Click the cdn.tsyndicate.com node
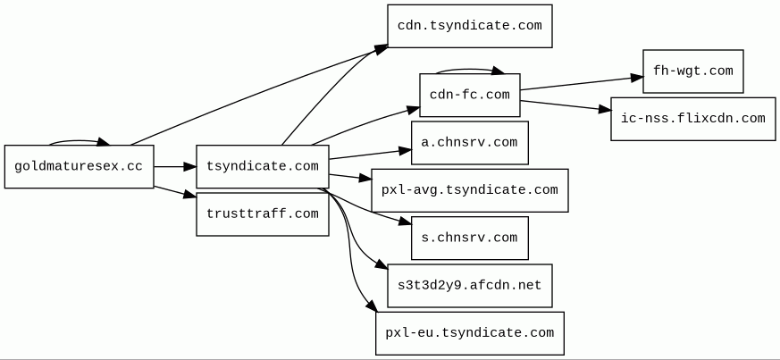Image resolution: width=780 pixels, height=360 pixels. [x=470, y=26]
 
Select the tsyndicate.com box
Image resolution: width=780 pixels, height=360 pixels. [x=262, y=166]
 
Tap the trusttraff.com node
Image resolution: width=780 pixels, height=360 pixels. [x=262, y=213]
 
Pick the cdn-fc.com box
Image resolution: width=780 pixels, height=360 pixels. [x=470, y=95]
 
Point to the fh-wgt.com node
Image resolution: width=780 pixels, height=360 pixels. [x=693, y=71]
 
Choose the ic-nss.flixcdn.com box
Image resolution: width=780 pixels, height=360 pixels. [x=693, y=119]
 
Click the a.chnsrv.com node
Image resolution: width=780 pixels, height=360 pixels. [x=470, y=143]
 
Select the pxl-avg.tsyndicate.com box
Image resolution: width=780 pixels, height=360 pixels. [x=470, y=190]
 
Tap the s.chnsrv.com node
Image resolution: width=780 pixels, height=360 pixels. [x=470, y=238]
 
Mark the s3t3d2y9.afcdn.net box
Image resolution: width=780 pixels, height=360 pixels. [x=470, y=286]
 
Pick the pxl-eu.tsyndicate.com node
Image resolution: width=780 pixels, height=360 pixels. [x=470, y=333]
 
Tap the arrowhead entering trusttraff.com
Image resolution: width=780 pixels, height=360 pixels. [x=190, y=195]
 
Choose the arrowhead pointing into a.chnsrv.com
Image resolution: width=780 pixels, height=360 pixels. [x=406, y=150]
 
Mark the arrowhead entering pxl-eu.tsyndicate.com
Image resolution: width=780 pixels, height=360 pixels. [x=370, y=306]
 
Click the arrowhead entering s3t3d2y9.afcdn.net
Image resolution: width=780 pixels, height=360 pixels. [x=382, y=265]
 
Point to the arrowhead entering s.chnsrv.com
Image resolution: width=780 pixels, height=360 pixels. [x=406, y=222]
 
